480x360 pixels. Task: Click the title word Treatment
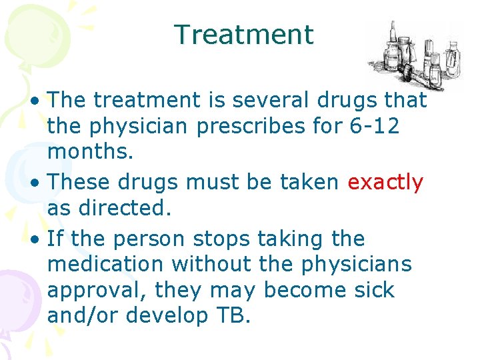coord(243,35)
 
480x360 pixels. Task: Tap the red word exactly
coord(385,183)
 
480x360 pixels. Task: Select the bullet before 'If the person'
coord(41,239)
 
